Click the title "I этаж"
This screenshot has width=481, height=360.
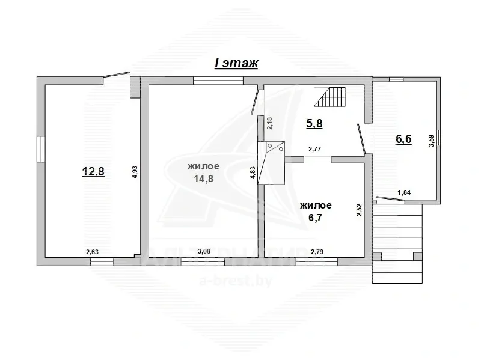(236, 63)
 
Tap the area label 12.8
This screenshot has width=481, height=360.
(93, 171)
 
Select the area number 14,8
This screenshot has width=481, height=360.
(203, 178)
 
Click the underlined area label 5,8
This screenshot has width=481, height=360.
(314, 123)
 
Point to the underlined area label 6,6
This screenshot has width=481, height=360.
(403, 139)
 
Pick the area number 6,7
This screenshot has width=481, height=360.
(315, 218)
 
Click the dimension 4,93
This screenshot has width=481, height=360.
(135, 176)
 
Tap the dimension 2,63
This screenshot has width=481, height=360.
(93, 252)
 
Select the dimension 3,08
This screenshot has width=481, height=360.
(204, 251)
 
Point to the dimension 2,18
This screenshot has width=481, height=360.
(269, 123)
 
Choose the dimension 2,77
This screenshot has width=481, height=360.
(314, 149)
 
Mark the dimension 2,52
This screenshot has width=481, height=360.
(359, 210)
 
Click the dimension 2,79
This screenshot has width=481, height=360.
(317, 252)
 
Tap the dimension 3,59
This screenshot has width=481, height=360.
(431, 141)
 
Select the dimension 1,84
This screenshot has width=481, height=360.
(404, 192)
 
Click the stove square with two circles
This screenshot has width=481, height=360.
(275, 147)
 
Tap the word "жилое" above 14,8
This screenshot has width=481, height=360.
(203, 166)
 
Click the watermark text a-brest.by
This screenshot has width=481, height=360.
(236, 281)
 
